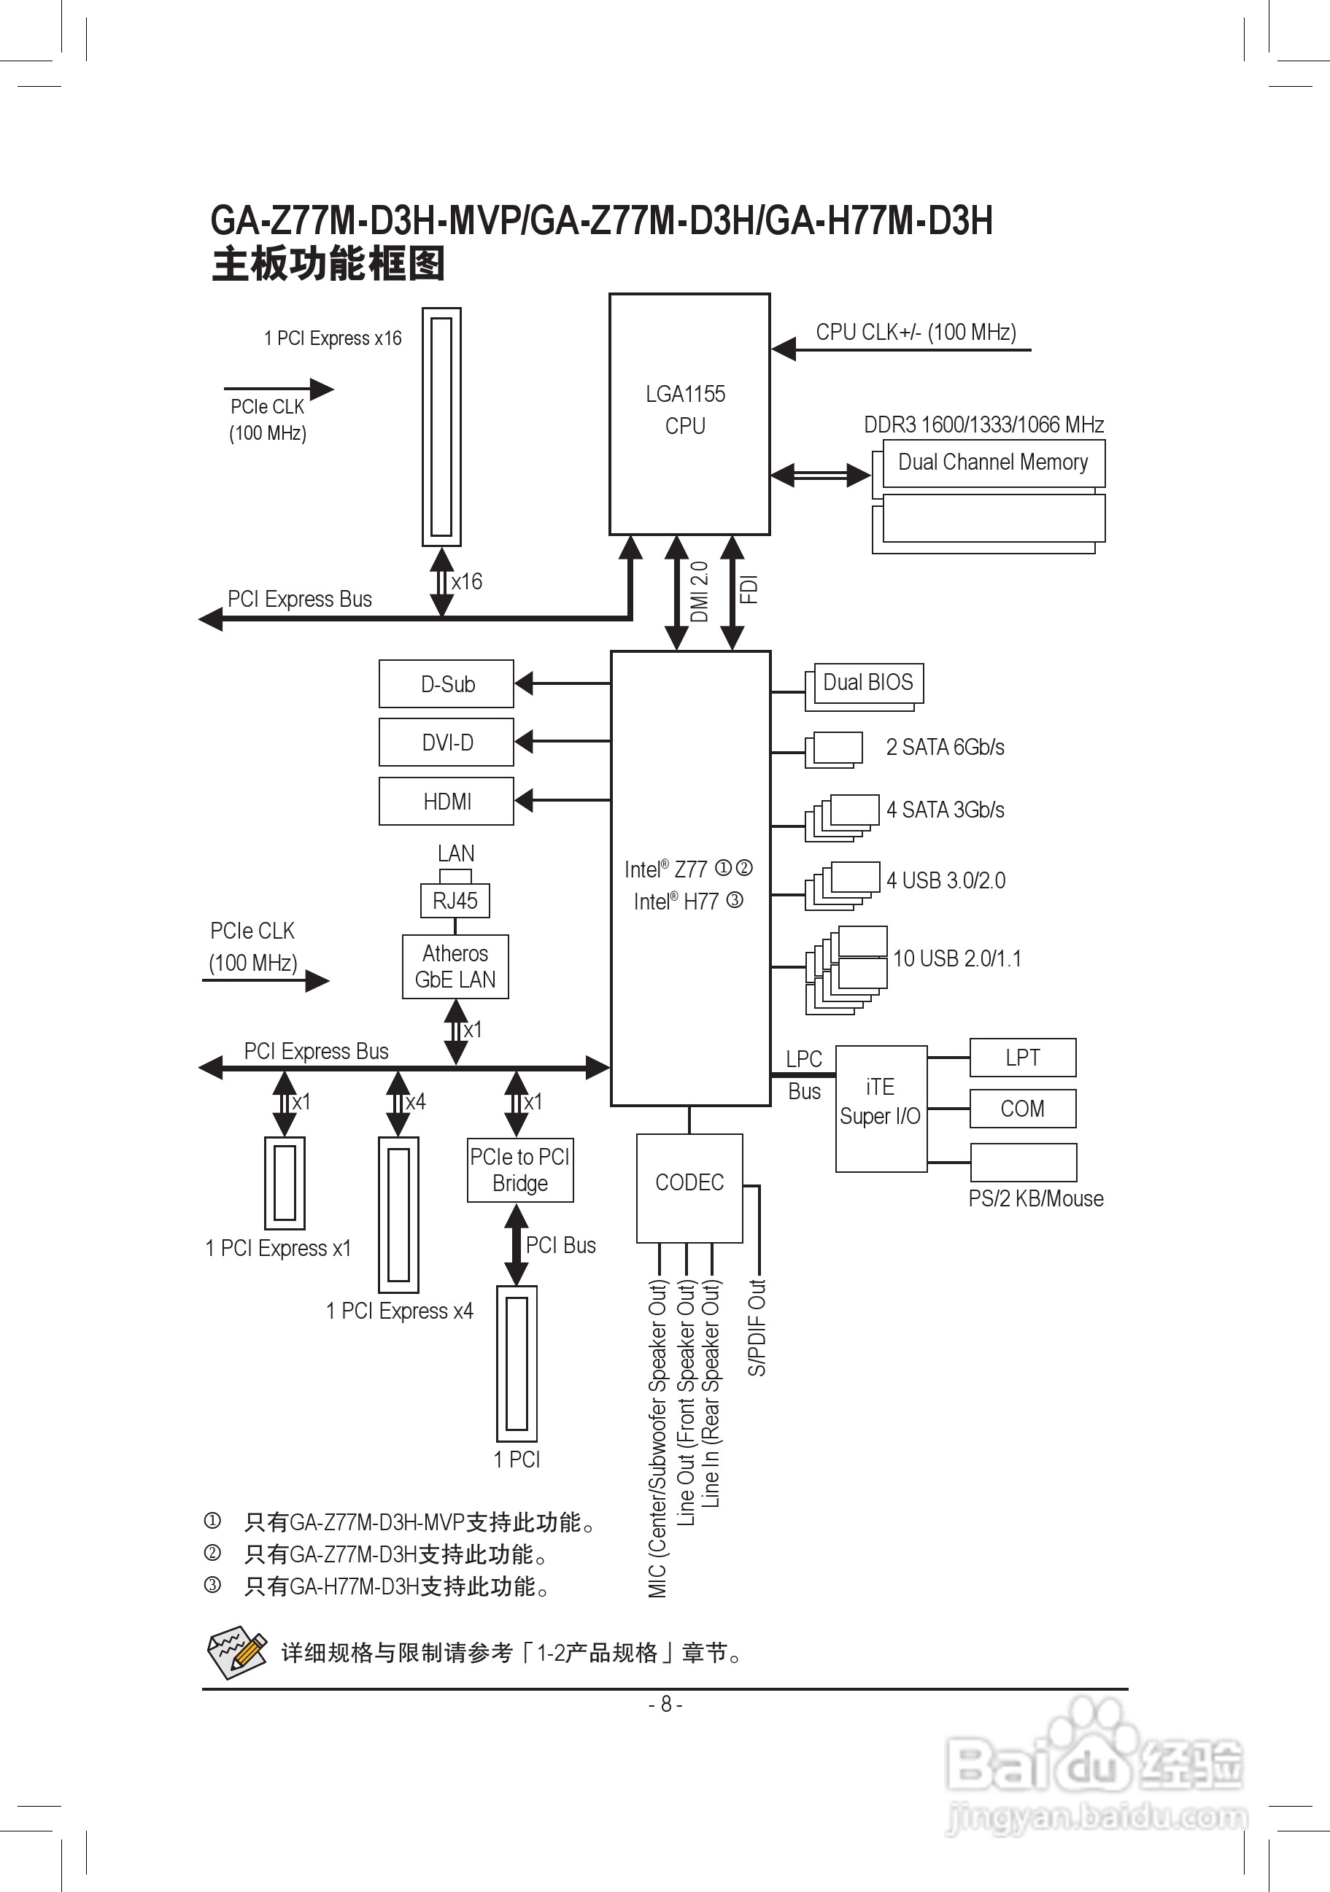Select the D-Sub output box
point(446,684)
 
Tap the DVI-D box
point(446,743)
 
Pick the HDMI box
point(446,801)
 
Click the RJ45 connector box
point(455,901)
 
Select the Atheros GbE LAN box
point(455,966)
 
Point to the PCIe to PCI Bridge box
point(520,1170)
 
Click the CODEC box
point(689,1183)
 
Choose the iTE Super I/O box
point(880,1103)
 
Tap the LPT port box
point(1023,1058)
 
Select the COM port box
point(1023,1109)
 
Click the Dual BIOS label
point(867,682)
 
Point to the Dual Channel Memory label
point(993,462)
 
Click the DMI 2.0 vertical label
point(699,591)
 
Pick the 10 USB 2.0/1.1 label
point(956,958)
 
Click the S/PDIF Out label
point(757,1327)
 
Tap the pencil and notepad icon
point(236,1651)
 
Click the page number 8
point(666,1704)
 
